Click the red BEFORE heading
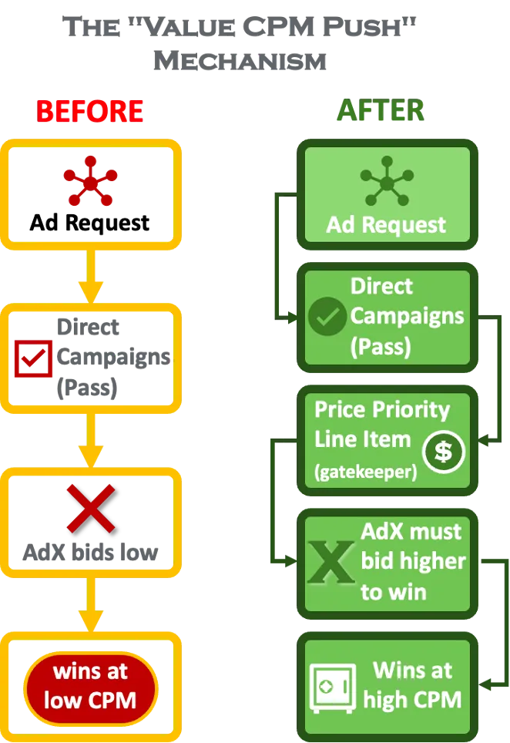[90, 112]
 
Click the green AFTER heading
[380, 112]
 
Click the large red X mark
[91, 509]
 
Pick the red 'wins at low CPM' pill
[91, 686]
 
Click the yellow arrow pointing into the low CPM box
[91, 606]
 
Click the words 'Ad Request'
[387, 225]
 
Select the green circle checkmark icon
[327, 317]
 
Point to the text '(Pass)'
[381, 347]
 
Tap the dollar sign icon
[443, 451]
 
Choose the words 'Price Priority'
[382, 408]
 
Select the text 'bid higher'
[413, 561]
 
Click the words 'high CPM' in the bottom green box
[412, 700]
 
